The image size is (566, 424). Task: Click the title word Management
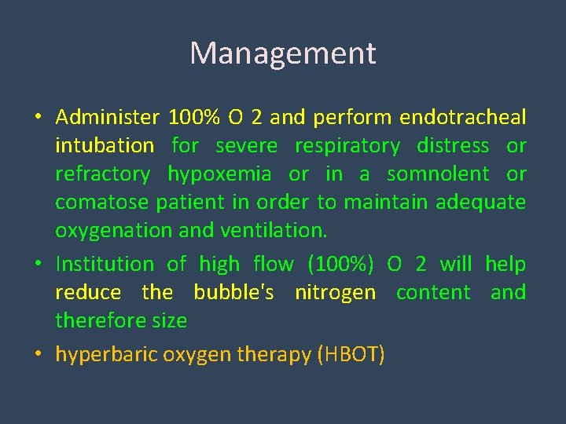click(283, 53)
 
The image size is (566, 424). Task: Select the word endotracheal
click(462, 118)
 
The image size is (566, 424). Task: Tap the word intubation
click(105, 146)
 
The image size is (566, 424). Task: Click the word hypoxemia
click(219, 174)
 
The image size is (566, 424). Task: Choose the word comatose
click(102, 203)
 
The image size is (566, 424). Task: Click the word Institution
click(105, 265)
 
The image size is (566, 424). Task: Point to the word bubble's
click(233, 293)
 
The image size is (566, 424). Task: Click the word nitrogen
click(335, 293)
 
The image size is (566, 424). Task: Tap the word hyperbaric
click(106, 355)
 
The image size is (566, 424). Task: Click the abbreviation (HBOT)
click(351, 355)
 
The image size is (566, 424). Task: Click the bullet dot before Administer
click(38, 119)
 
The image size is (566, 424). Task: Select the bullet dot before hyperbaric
click(38, 355)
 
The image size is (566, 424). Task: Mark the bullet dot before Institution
click(38, 265)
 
